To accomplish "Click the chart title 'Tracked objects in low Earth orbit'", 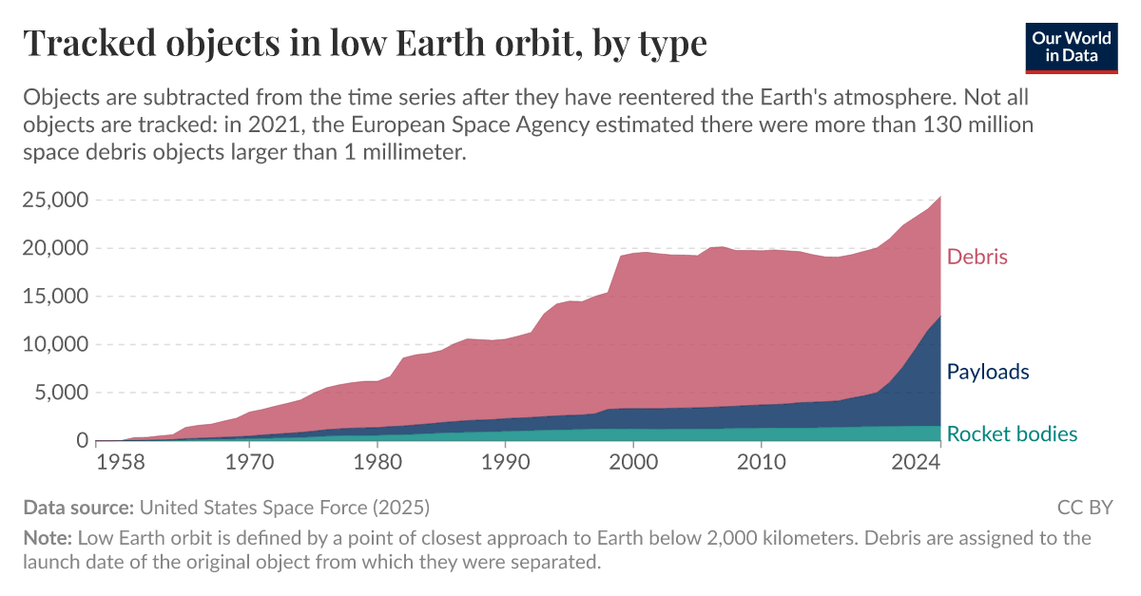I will click(x=365, y=43).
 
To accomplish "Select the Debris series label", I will click(x=977, y=257).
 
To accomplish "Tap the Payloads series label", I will click(x=988, y=372).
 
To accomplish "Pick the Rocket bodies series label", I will click(x=1012, y=434).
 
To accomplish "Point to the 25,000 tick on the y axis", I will click(x=55, y=201).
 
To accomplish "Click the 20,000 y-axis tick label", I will click(x=55, y=248).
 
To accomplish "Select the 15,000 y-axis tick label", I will click(x=55, y=297).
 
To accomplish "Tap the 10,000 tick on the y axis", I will click(x=55, y=345).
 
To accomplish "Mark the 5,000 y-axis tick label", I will click(x=61, y=393).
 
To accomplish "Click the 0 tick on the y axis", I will click(x=82, y=441).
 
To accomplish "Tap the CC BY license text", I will click(x=1084, y=507).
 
